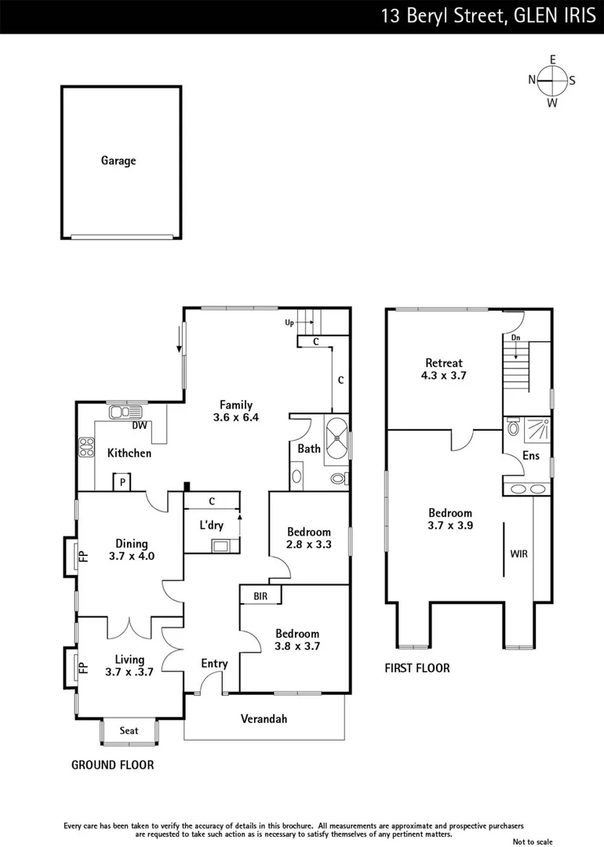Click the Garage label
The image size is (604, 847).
pyautogui.click(x=118, y=161)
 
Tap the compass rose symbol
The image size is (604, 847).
pyautogui.click(x=552, y=79)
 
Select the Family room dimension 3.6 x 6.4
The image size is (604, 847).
pyautogui.click(x=236, y=417)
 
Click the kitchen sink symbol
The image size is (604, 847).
pyautogui.click(x=126, y=412)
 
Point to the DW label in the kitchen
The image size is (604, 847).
pyautogui.click(x=140, y=426)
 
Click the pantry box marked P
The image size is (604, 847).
pyautogui.click(x=122, y=481)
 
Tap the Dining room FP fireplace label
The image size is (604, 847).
pyautogui.click(x=82, y=558)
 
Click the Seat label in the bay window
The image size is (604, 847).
pyautogui.click(x=129, y=731)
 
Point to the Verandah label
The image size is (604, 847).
pyautogui.click(x=264, y=718)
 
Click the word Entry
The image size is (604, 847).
pyautogui.click(x=214, y=663)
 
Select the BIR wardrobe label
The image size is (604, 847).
pyautogui.click(x=260, y=597)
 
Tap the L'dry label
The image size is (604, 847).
pyautogui.click(x=210, y=524)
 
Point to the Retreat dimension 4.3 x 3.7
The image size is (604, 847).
pyautogui.click(x=443, y=376)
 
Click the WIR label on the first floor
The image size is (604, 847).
pyautogui.click(x=518, y=554)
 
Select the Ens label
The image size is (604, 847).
pyautogui.click(x=531, y=456)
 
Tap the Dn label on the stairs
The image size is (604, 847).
pyautogui.click(x=515, y=338)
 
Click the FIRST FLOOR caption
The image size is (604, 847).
pyautogui.click(x=417, y=668)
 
